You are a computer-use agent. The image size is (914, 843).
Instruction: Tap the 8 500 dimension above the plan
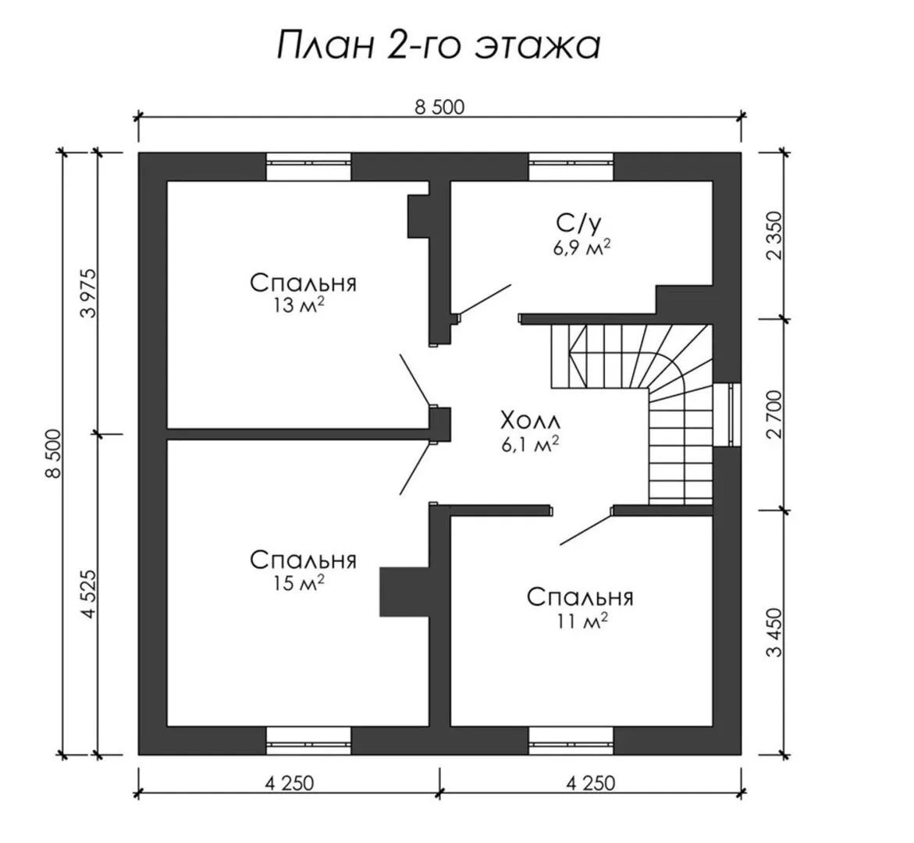(x=439, y=107)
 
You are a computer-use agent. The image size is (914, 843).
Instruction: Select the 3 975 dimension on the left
(x=90, y=293)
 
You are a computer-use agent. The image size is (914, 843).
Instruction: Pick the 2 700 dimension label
(x=775, y=414)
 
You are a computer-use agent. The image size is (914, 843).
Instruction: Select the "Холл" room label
(x=530, y=421)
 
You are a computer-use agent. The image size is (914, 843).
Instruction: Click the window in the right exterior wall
(x=727, y=414)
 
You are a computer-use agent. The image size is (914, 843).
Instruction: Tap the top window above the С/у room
(x=571, y=167)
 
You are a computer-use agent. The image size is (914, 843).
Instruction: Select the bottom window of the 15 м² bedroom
(x=309, y=741)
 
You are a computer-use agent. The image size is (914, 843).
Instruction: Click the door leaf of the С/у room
(x=484, y=300)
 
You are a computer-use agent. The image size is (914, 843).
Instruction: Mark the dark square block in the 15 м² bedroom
(x=404, y=591)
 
